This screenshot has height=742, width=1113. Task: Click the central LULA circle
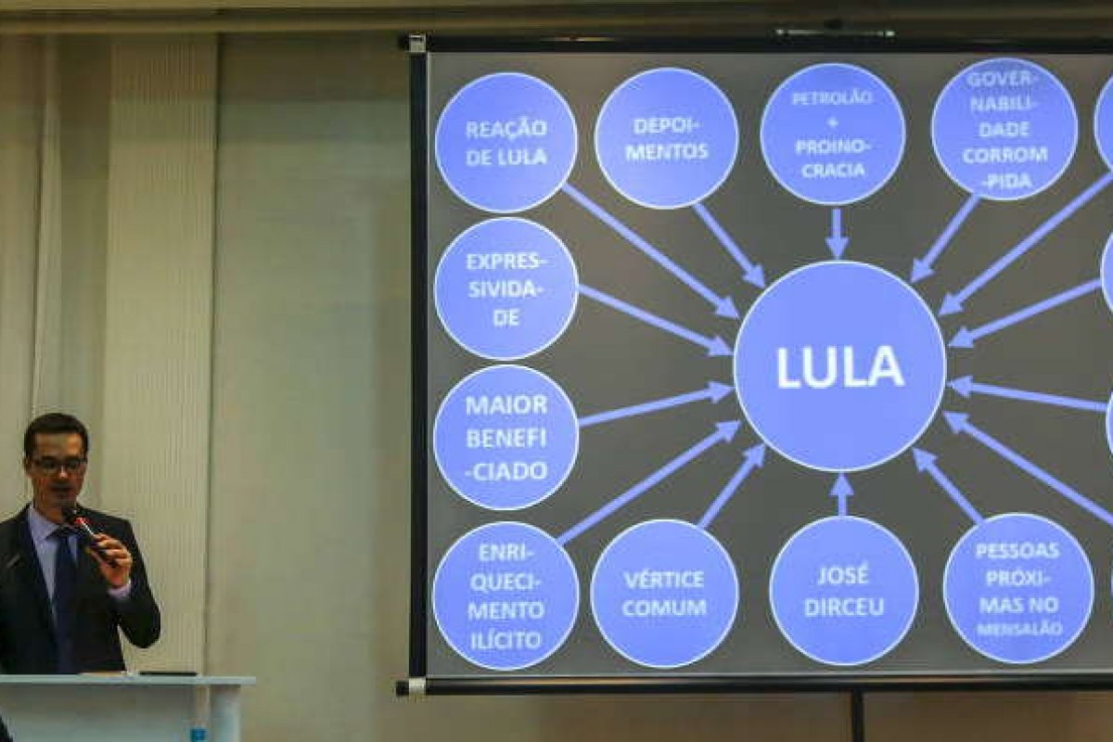click(x=839, y=366)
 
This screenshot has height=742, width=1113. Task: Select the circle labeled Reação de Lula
click(x=505, y=142)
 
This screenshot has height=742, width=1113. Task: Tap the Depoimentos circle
click(x=666, y=138)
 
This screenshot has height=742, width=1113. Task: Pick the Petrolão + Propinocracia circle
click(x=832, y=134)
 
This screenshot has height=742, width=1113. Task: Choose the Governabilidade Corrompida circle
click(x=1004, y=129)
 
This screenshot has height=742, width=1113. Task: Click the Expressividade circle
click(x=505, y=288)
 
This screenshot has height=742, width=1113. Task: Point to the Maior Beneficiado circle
click(x=505, y=437)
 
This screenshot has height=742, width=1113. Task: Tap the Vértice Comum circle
click(x=664, y=594)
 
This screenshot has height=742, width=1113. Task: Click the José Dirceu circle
click(x=843, y=591)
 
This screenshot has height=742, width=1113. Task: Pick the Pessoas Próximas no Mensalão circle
click(x=1017, y=588)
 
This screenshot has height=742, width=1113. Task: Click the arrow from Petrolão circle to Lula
click(x=837, y=233)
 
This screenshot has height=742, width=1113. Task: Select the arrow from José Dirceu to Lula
click(x=841, y=494)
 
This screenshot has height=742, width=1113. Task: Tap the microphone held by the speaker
click(x=84, y=528)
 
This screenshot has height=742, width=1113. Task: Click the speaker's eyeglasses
click(x=58, y=462)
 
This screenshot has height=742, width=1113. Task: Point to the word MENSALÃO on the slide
click(x=1018, y=629)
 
